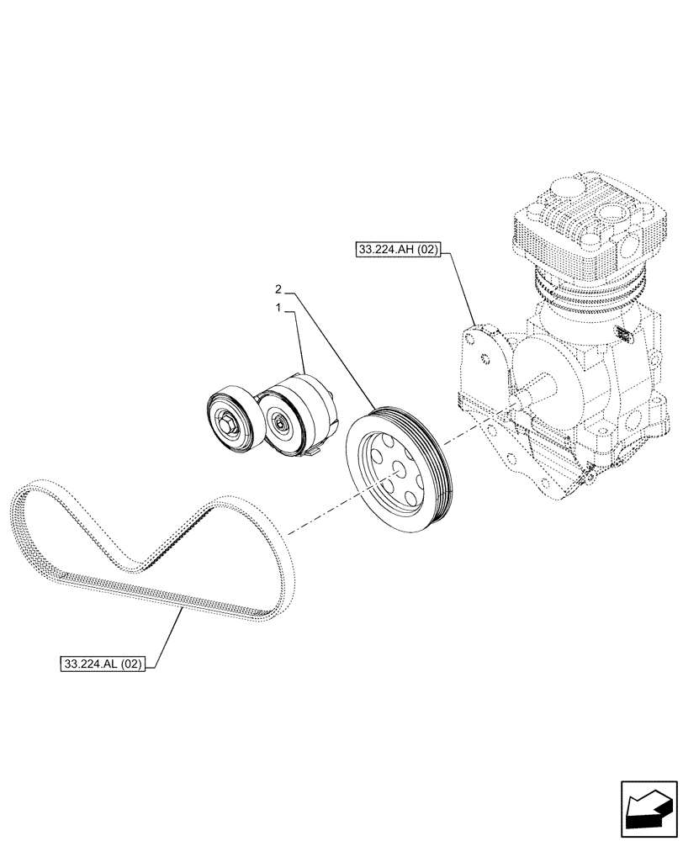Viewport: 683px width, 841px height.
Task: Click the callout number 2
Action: pos(279,289)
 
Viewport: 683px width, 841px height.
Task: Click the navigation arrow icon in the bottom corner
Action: pos(648,808)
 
